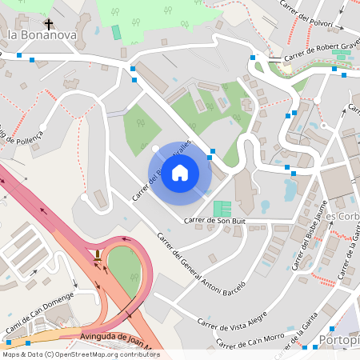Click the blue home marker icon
pyautogui.click(x=180, y=173)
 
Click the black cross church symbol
pyautogui.click(x=49, y=25)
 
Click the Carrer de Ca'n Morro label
pyautogui.click(x=249, y=340)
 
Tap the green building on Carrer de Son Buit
pyautogui.click(x=222, y=209)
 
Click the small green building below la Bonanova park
pyautogui.click(x=116, y=32)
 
